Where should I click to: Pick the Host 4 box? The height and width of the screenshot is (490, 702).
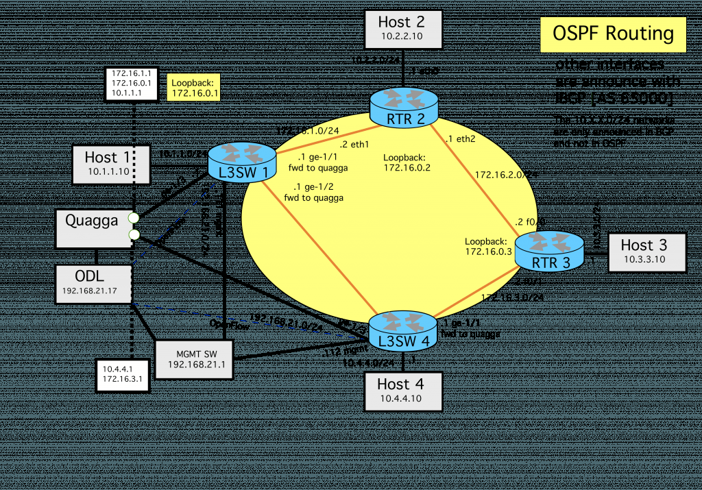[x=401, y=391]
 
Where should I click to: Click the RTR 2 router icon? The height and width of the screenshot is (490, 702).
[x=403, y=106]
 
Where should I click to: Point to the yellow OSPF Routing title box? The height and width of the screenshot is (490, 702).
[x=612, y=35]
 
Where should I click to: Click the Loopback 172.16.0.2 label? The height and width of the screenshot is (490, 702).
[x=407, y=161]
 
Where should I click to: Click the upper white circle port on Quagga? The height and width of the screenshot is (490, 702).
[x=134, y=218]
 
